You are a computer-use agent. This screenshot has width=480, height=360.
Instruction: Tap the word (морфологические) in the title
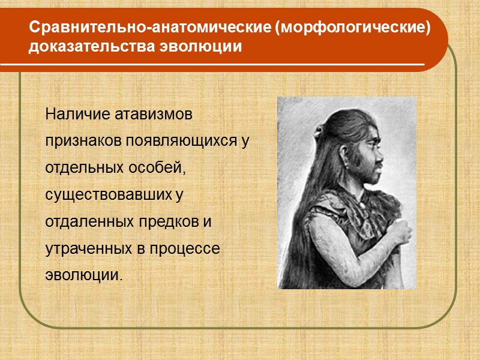(352, 28)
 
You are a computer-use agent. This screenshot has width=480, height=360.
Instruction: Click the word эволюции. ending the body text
(83, 276)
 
